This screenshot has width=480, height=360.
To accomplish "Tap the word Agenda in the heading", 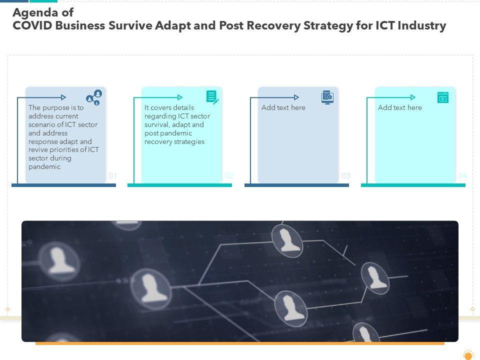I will click(x=31, y=13).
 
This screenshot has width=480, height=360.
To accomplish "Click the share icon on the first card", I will click(x=94, y=97).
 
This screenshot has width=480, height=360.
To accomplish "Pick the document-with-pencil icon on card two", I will click(x=212, y=97).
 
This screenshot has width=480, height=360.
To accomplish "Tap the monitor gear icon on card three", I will click(x=327, y=97).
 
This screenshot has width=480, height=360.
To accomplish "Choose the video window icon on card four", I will click(x=443, y=97).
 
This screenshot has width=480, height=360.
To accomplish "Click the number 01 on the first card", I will click(x=112, y=176).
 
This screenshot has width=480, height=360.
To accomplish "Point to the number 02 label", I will click(x=229, y=176).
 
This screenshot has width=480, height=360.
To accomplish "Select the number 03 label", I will click(x=346, y=176).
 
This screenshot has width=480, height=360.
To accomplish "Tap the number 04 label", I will click(x=462, y=176).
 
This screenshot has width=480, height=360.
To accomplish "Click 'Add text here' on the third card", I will click(x=283, y=107).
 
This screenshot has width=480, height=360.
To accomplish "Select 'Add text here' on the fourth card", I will click(x=399, y=107).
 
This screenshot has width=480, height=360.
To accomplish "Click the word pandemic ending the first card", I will click(x=44, y=167).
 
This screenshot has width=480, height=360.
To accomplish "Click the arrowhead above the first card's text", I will click(x=63, y=97).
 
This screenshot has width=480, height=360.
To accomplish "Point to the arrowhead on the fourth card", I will click(x=413, y=97).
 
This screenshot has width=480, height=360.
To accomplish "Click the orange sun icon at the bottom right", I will click(x=468, y=355).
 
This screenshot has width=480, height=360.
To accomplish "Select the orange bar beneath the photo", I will click(x=240, y=343).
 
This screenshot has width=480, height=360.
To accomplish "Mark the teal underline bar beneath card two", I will click(x=179, y=185).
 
